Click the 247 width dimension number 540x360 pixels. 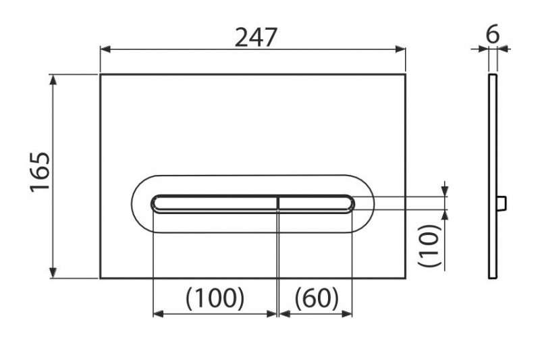pos(256,37)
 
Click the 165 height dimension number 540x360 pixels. pos(40,172)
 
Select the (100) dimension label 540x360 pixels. pos(215,298)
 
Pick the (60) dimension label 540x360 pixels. pos(317,298)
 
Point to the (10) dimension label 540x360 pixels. pos(429,245)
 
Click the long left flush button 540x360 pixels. pos(214,203)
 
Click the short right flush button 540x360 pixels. pos(316,203)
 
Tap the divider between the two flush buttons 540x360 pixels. pos(278,203)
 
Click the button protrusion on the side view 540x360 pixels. pos(502,203)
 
